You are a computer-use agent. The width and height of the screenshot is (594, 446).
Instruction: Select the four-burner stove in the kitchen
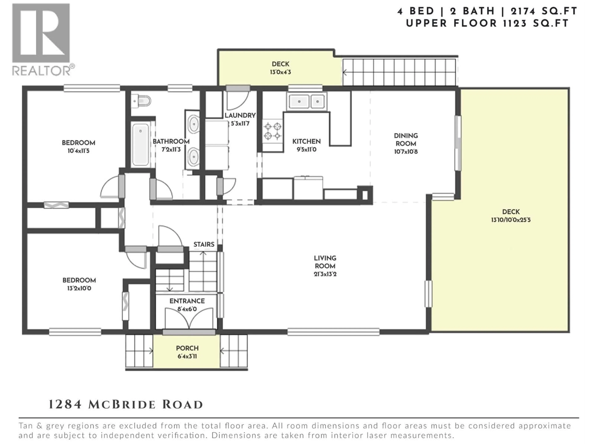point(272,131)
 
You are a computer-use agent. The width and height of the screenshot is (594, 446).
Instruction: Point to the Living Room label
point(325,262)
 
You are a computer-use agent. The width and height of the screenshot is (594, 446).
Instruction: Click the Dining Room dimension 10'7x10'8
point(406,152)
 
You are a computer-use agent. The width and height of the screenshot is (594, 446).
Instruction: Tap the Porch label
point(187,348)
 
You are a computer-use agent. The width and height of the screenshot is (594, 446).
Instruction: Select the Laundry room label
point(240,116)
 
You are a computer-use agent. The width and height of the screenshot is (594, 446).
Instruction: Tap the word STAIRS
point(204,244)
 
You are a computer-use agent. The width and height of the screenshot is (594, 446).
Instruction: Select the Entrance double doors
point(189,319)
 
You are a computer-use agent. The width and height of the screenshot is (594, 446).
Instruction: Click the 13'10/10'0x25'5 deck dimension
point(511,220)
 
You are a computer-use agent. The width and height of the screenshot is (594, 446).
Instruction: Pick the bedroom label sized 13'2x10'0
point(79,284)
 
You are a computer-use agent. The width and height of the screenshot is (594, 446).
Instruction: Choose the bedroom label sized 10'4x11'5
point(78,147)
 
